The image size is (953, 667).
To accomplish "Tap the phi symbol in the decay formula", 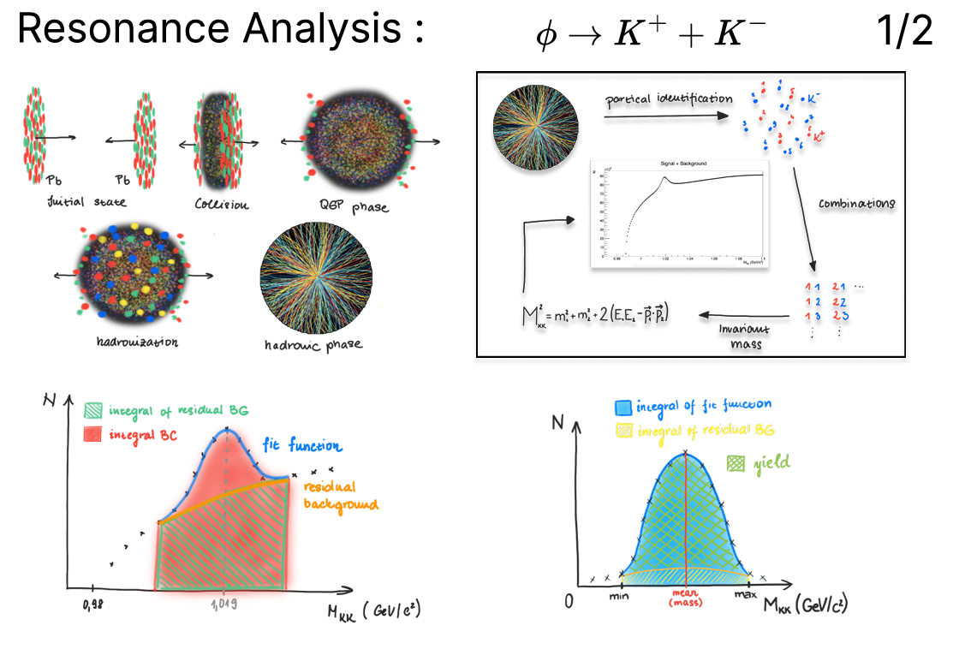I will (x=545, y=34).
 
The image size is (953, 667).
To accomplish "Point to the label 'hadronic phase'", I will (x=313, y=345).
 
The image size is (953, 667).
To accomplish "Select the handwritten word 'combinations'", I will (x=855, y=204).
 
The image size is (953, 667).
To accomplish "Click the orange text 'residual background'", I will (x=341, y=495).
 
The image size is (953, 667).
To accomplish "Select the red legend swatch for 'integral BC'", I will (x=95, y=436).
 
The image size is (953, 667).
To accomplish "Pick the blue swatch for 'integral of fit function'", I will (x=624, y=408).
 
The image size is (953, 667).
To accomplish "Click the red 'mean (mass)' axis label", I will (x=685, y=598).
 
